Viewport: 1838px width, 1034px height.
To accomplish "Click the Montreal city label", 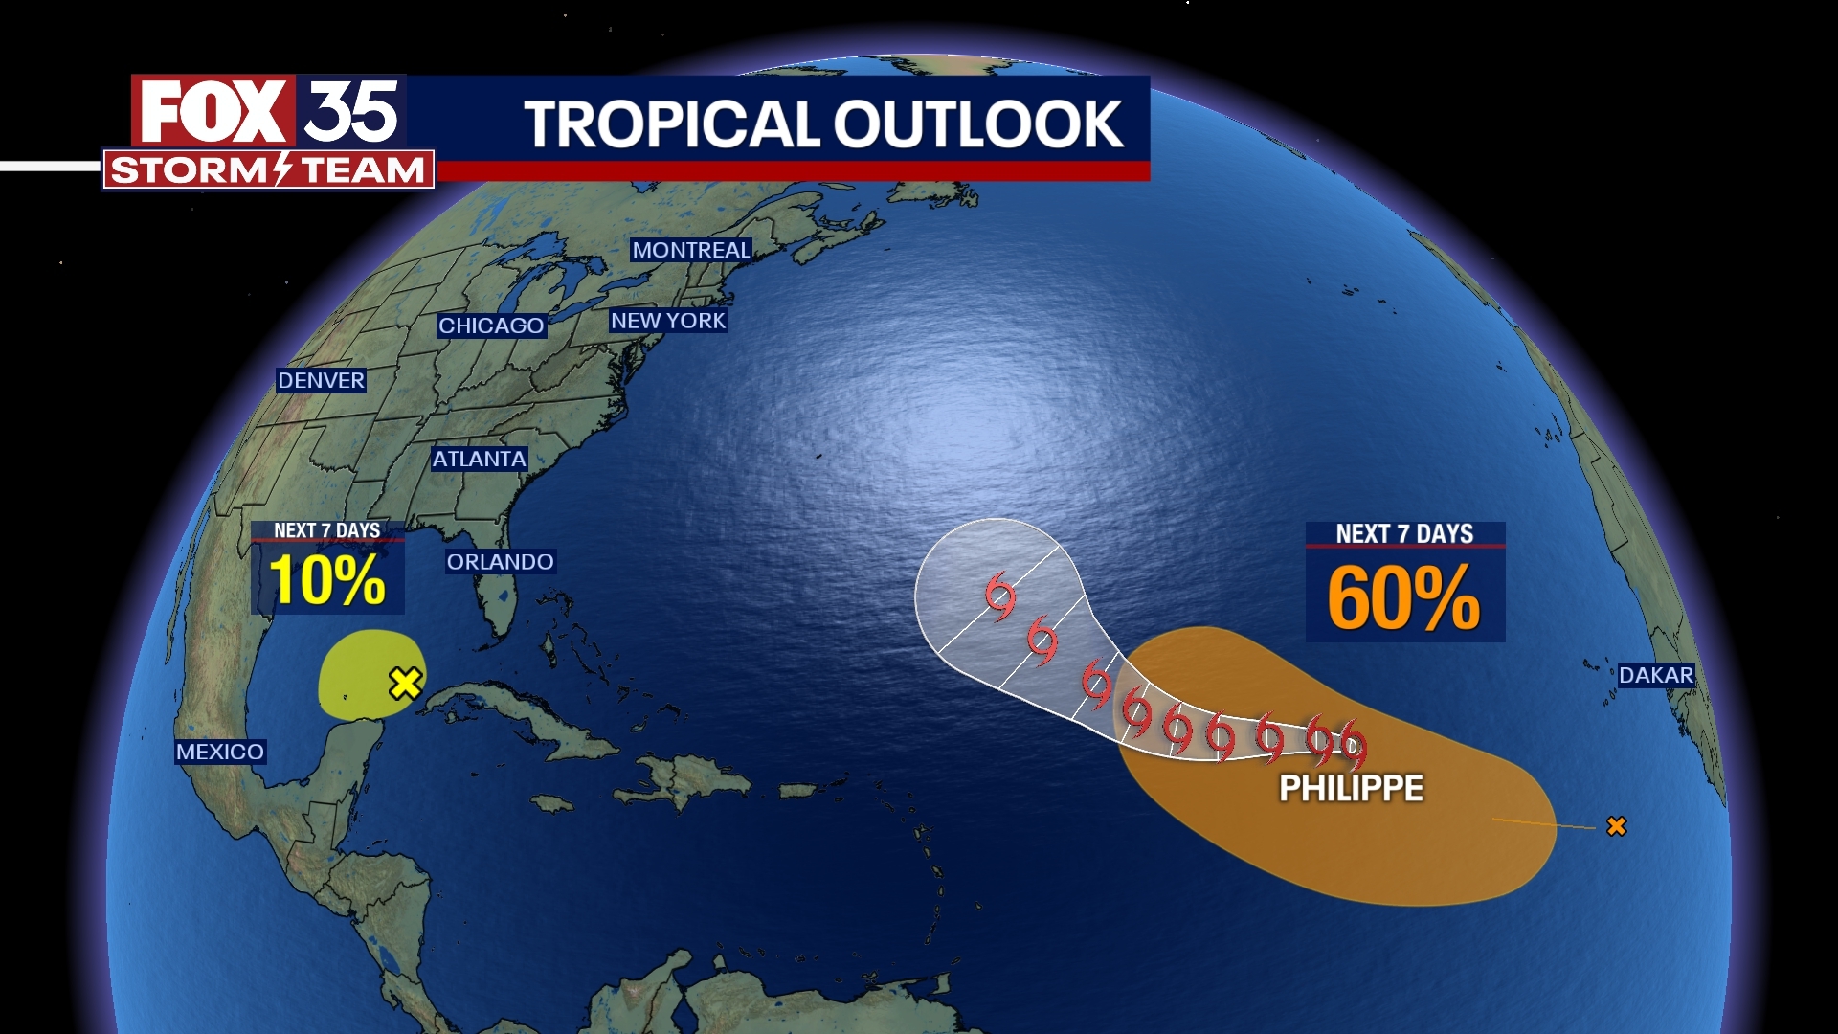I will click(691, 250).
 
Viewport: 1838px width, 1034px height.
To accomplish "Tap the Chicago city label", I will click(491, 326).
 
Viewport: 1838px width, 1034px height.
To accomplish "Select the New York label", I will click(668, 321).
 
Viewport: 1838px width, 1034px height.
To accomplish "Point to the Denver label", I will click(321, 380).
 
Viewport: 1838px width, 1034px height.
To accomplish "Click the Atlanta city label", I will click(479, 459).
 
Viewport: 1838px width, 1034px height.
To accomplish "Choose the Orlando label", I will click(500, 562).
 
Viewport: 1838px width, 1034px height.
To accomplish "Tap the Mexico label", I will click(219, 752).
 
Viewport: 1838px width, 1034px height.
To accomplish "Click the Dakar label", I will click(1656, 675).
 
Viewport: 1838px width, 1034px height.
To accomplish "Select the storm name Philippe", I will click(1351, 788).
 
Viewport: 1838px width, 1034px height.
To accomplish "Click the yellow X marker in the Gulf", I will click(405, 683).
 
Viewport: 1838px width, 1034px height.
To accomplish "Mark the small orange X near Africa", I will click(1616, 825).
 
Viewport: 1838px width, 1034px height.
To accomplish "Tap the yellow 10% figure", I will click(326, 580).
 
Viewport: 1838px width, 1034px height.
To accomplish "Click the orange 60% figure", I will click(1403, 597).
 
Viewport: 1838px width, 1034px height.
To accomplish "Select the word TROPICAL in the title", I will click(670, 124).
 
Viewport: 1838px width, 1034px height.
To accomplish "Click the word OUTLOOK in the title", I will click(978, 124).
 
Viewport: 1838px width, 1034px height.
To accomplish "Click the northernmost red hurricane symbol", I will click(1000, 596).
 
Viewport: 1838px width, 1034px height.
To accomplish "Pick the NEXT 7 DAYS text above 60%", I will click(1404, 533).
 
